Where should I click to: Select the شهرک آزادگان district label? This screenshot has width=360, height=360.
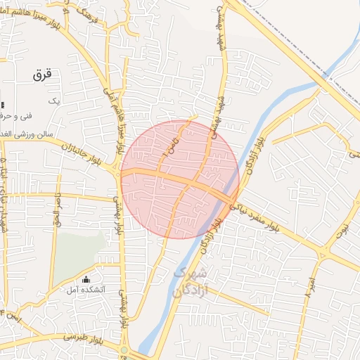tap(188, 279)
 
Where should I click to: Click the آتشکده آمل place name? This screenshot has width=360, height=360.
tap(86, 290)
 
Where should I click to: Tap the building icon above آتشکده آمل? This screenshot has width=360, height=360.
tap(86, 279)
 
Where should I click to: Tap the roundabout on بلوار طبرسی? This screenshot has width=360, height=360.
tap(124, 349)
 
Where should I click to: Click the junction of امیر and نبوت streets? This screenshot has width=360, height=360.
tap(323, 253)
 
